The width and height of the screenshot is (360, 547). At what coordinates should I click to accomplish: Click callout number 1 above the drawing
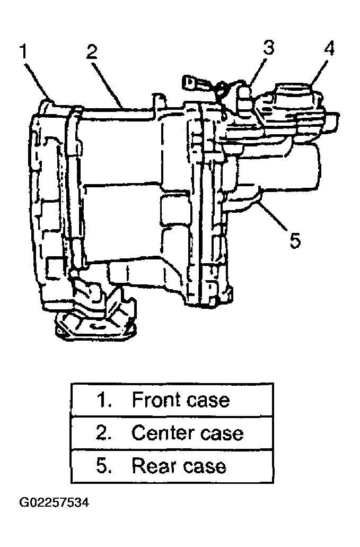click(x=23, y=51)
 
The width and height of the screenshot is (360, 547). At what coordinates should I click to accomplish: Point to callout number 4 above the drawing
click(x=329, y=48)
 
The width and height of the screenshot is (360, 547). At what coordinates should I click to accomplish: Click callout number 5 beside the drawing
click(x=295, y=241)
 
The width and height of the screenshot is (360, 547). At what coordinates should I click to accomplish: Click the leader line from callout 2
click(x=108, y=84)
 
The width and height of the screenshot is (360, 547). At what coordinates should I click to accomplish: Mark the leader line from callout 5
click(x=274, y=218)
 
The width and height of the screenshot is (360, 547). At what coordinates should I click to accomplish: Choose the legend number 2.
click(x=103, y=432)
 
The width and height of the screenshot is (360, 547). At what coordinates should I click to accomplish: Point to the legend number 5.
click(x=103, y=466)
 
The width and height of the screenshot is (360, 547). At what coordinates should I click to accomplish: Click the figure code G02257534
click(x=54, y=502)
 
